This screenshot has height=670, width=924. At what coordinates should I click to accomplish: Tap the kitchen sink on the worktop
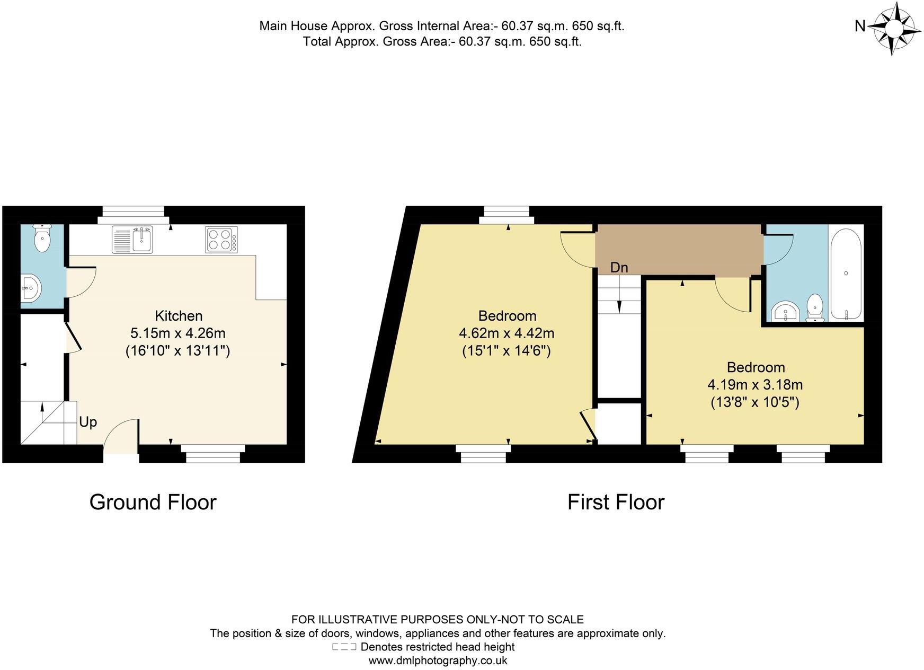click(x=132, y=239)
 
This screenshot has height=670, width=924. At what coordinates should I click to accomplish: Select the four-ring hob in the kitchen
click(x=221, y=239)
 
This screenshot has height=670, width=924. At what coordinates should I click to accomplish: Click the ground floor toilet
click(x=42, y=239)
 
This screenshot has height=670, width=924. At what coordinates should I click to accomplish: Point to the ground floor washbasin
click(x=30, y=289)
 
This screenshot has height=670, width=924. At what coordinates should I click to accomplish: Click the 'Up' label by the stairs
click(x=88, y=422)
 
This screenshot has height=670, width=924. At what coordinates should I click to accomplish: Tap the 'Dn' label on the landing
click(x=619, y=268)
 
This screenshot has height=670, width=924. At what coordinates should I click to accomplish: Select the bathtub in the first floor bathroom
click(x=846, y=274)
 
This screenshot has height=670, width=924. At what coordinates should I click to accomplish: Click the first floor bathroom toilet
click(x=815, y=308)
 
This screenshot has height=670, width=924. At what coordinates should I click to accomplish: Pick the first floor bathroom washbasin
click(x=786, y=312)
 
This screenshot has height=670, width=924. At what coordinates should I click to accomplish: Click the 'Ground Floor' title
click(x=153, y=502)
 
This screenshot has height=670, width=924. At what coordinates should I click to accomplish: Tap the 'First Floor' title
click(x=616, y=502)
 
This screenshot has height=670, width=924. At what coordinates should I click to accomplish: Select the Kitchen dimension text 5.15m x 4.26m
click(x=178, y=333)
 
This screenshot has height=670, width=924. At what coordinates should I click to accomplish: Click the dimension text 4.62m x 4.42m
click(x=507, y=333)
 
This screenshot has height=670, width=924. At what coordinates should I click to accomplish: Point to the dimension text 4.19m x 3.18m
click(x=755, y=385)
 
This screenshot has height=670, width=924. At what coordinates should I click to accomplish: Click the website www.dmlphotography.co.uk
click(x=438, y=660)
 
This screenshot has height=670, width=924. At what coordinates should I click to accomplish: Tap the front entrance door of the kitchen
click(x=121, y=435)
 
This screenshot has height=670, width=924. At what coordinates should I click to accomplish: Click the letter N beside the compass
click(x=860, y=26)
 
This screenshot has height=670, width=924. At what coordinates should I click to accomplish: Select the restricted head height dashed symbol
click(x=344, y=647)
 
